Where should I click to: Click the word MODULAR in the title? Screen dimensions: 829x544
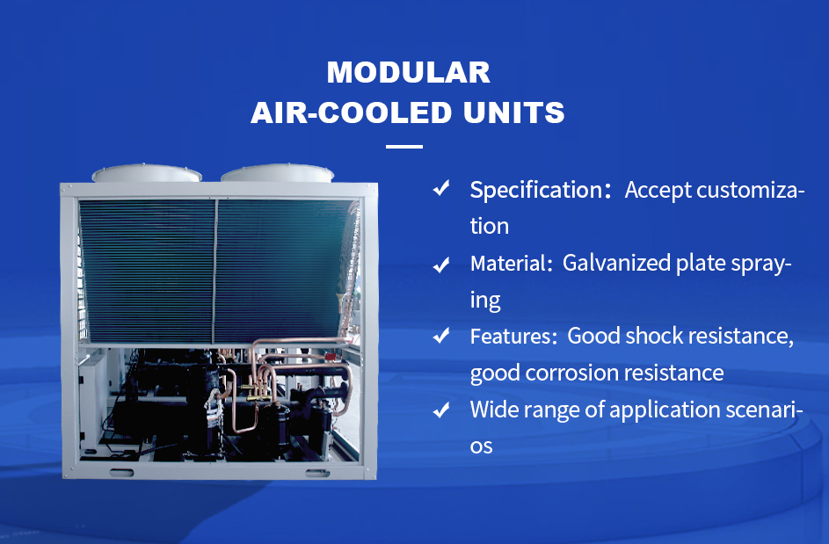tap(408, 72)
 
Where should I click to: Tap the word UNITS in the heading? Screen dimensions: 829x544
tap(514, 112)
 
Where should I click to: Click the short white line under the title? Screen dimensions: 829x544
tap(404, 147)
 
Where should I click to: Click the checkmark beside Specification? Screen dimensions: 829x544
tap(441, 188)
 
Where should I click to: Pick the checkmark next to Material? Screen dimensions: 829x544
tap(441, 264)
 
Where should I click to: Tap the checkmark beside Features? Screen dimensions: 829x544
tap(441, 336)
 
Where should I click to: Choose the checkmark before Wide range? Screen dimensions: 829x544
tap(441, 410)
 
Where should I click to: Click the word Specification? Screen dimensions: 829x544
tap(535, 191)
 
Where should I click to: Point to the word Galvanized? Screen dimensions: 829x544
tap(616, 263)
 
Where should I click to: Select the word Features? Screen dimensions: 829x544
tap(510, 337)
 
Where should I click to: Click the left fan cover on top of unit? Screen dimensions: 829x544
tap(147, 173)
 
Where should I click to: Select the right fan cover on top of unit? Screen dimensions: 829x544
tap(277, 173)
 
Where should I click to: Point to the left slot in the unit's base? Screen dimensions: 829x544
tap(121, 473)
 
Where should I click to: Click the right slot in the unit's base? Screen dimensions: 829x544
tap(317, 473)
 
